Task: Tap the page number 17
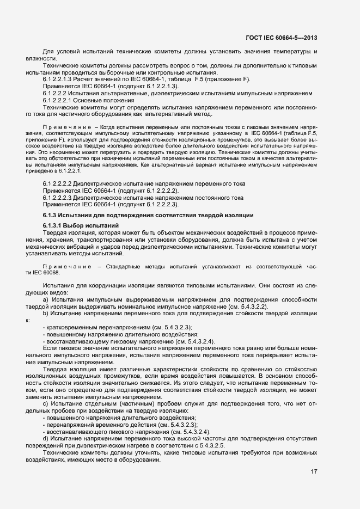click(x=314, y=471)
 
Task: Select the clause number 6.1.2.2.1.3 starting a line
click(x=58, y=79)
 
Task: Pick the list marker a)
click(x=45, y=299)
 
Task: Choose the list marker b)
click(x=45, y=313)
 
